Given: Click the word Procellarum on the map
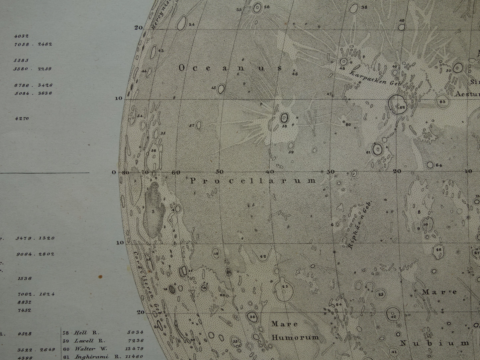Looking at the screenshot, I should click(x=253, y=181).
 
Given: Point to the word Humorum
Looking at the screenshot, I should click(x=295, y=337).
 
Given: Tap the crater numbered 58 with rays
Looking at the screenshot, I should click(x=284, y=118).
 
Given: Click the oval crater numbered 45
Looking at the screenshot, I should click(x=221, y=88).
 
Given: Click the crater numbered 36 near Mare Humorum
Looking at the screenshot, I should click(x=252, y=317).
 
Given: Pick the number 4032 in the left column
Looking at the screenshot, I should click(x=21, y=36).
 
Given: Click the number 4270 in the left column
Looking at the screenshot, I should click(x=22, y=118).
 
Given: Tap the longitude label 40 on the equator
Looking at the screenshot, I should click(x=269, y=172).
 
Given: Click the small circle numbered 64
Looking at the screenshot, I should click(x=430, y=165).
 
